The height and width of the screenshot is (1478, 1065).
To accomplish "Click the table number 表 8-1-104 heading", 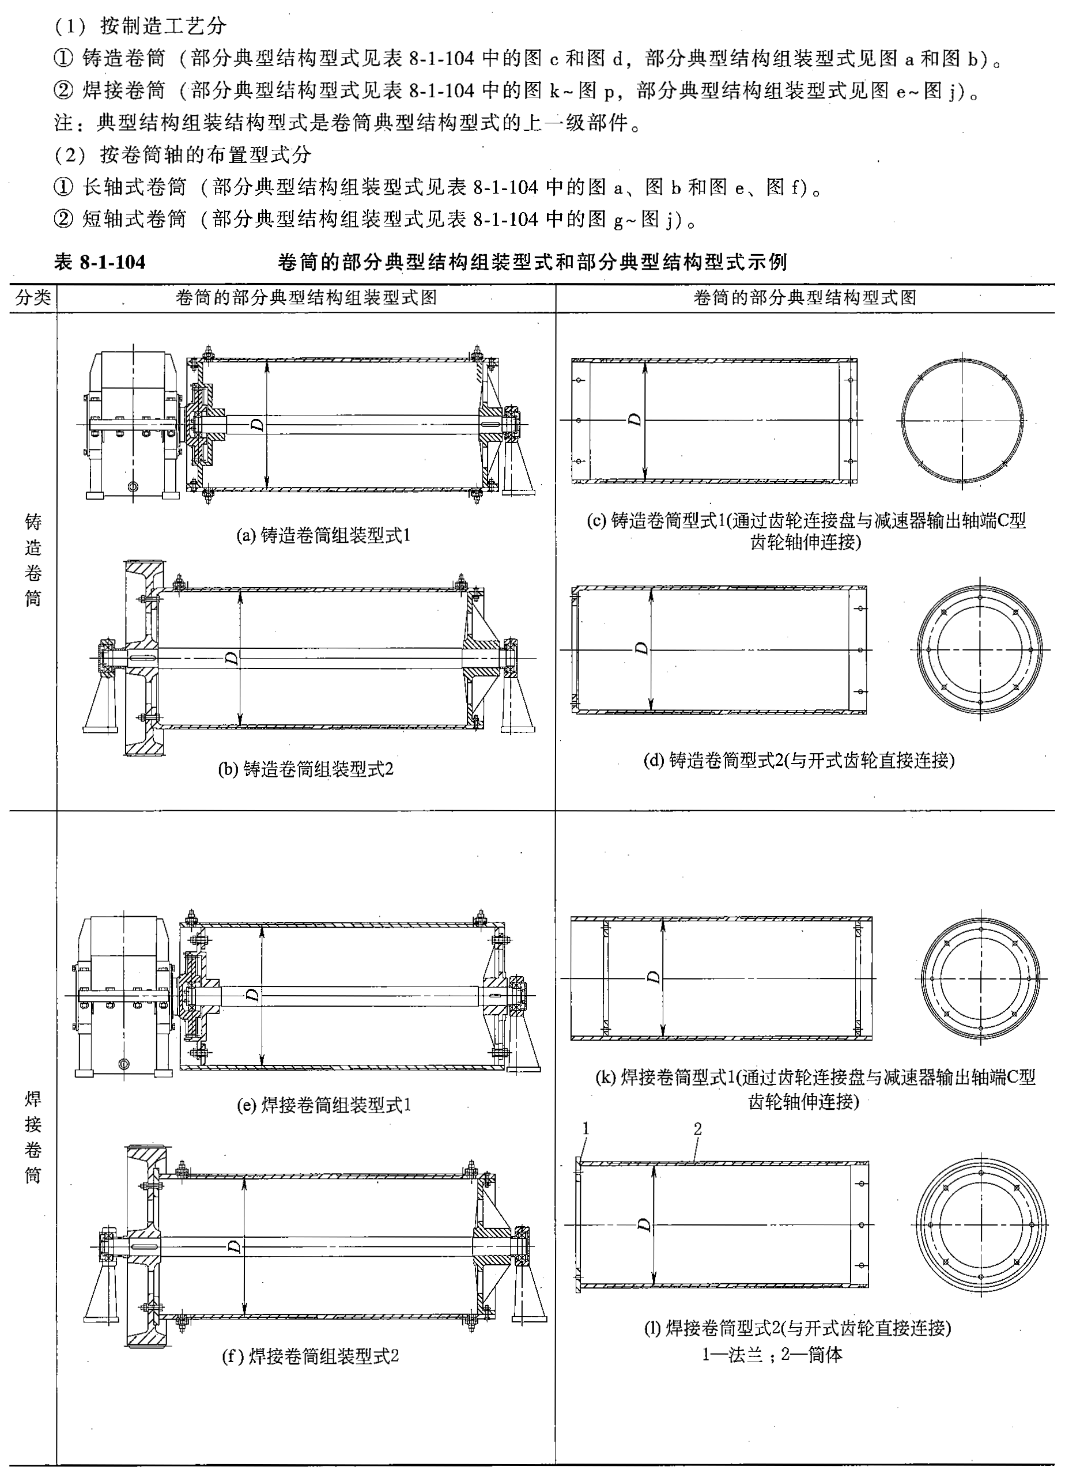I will pyautogui.click(x=100, y=263).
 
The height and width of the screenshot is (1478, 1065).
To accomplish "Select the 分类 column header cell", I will pyautogui.click(x=33, y=298).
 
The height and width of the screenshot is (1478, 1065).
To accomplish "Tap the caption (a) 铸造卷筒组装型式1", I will pyautogui.click(x=323, y=536).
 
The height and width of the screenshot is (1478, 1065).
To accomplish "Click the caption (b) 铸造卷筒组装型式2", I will pyautogui.click(x=305, y=769).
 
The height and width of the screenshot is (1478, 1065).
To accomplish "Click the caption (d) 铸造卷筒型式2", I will pyautogui.click(x=798, y=760).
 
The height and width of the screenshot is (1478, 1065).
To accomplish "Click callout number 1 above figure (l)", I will pyautogui.click(x=586, y=1128).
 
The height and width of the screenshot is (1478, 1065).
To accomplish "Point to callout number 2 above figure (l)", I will pyautogui.click(x=697, y=1129).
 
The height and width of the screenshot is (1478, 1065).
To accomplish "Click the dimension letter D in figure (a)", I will pyautogui.click(x=258, y=425).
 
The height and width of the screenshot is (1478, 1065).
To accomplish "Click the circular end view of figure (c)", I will pyautogui.click(x=962, y=420).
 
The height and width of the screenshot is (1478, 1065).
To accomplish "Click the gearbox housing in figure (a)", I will pyautogui.click(x=134, y=424).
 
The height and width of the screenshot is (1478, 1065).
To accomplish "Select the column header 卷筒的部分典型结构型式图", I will pyautogui.click(x=805, y=298).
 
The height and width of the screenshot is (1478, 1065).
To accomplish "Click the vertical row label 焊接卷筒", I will pyautogui.click(x=33, y=1137).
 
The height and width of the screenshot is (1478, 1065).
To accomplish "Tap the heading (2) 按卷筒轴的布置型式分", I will pyautogui.click(x=183, y=154).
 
